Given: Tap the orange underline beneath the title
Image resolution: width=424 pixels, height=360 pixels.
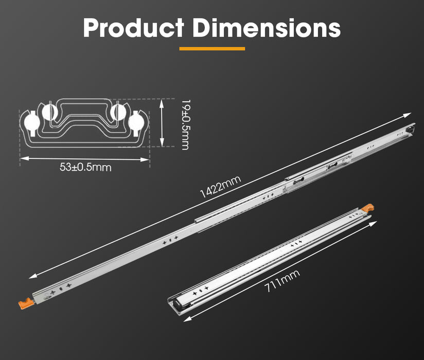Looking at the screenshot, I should pyautogui.click(x=212, y=49).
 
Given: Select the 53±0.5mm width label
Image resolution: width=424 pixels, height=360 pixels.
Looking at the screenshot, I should pyautogui.click(x=85, y=167).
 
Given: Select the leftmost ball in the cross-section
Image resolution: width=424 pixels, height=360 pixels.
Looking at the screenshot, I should pyautogui.click(x=31, y=122).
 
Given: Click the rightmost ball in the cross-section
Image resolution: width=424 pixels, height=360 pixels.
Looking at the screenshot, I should pyautogui.click(x=137, y=122).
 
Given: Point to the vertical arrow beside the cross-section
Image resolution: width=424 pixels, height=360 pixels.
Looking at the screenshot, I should pyautogui.click(x=163, y=124).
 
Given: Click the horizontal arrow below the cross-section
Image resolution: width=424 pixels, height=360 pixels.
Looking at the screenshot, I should pyautogui.click(x=85, y=159).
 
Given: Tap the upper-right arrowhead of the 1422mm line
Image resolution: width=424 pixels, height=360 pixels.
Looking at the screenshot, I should pyautogui.click(x=409, y=115).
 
